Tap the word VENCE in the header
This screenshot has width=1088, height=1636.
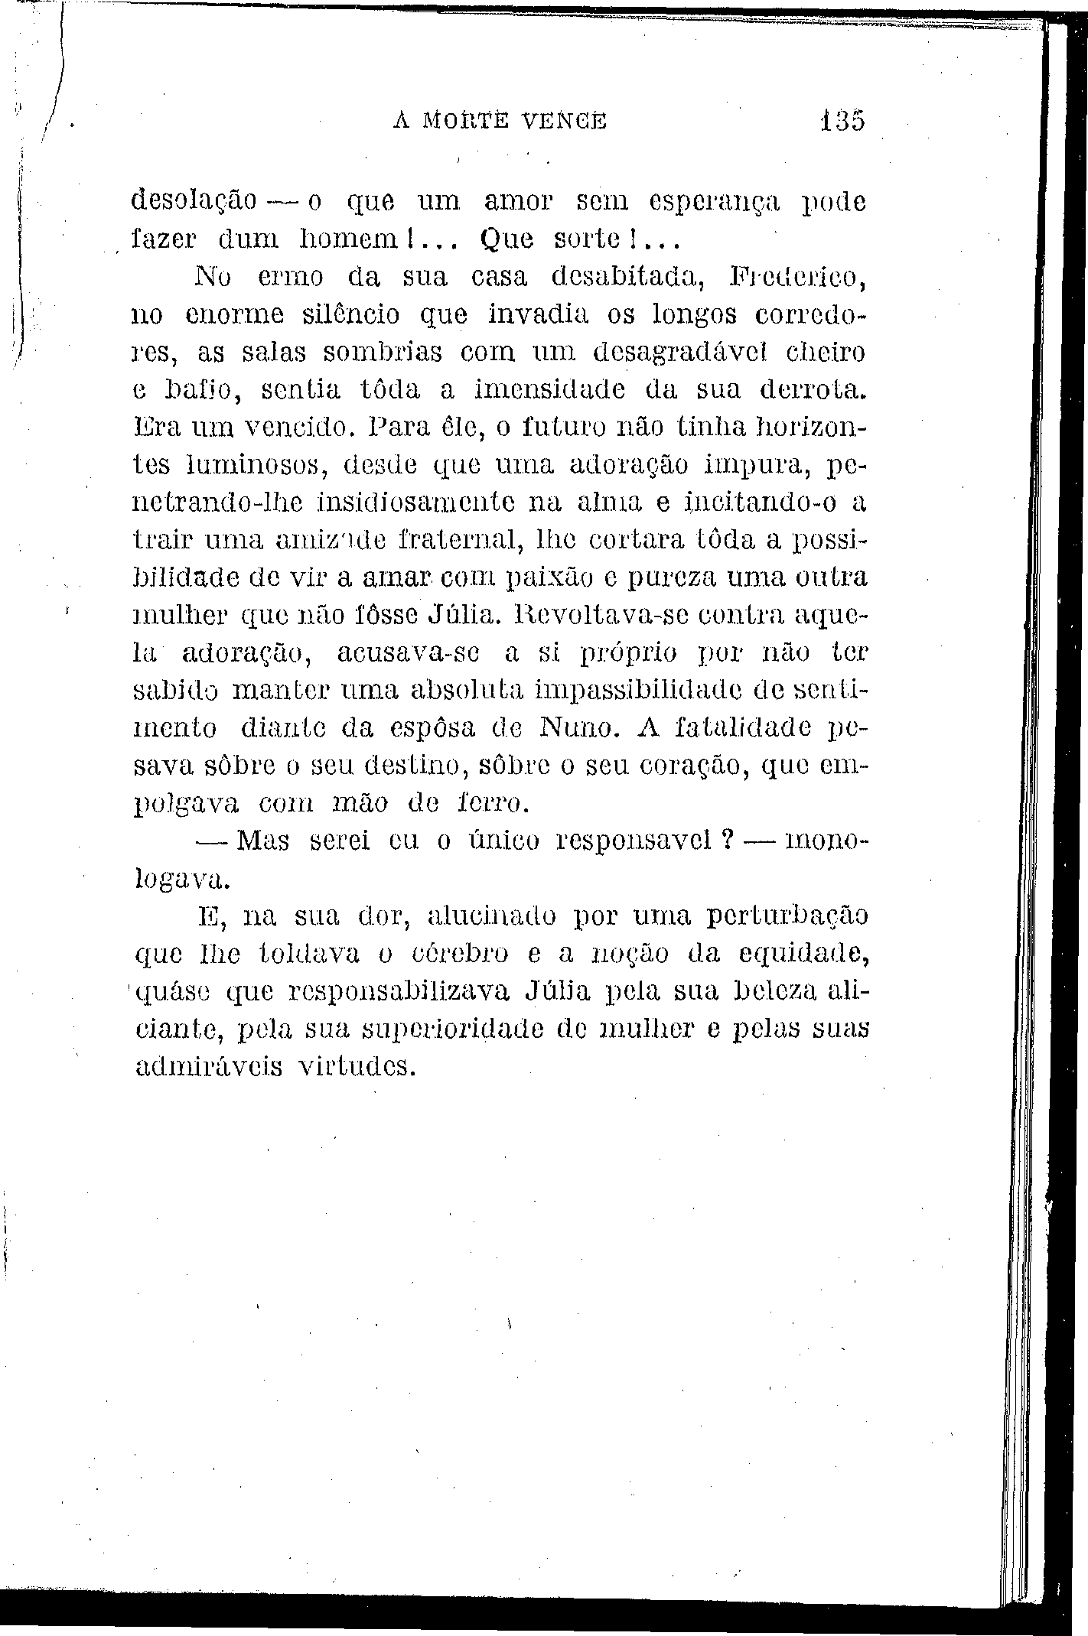[568, 120]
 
